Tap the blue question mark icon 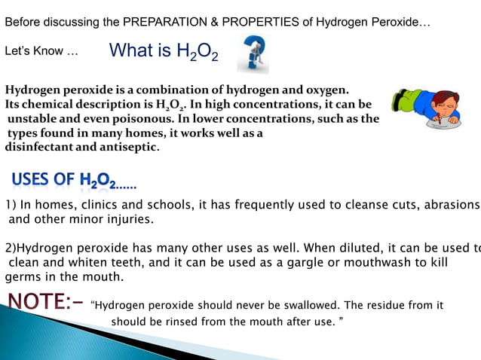point(253,56)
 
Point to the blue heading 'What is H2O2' point(164,51)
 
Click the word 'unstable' point(32,118)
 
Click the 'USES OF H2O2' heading point(73,180)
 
